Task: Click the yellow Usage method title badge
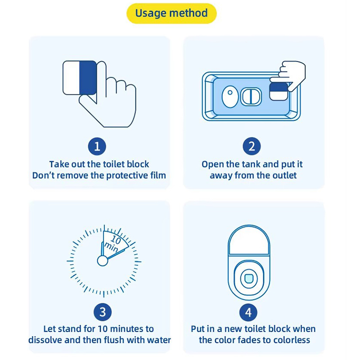(171, 13)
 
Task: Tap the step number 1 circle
(97, 146)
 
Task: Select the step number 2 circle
(252, 146)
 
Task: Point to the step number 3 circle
(103, 312)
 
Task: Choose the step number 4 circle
(248, 312)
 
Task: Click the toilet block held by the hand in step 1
(80, 77)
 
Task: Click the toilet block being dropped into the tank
(279, 91)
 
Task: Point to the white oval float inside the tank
(230, 96)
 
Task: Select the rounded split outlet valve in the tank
(251, 96)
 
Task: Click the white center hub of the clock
(103, 261)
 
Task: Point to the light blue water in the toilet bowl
(249, 279)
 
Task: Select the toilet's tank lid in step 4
(249, 240)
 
